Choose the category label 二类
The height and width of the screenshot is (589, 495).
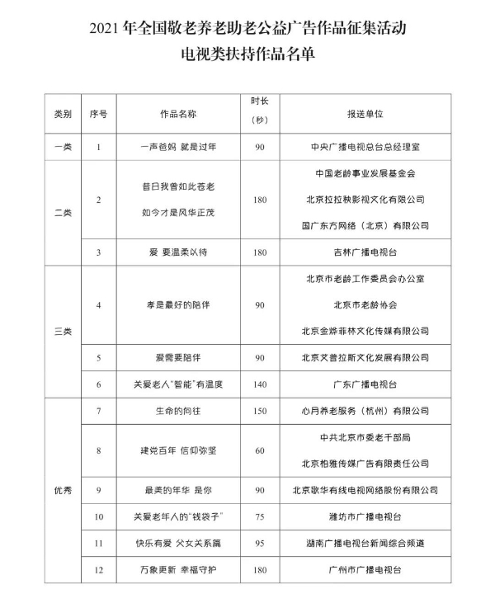[63, 212]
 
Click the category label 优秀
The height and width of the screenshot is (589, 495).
[63, 489]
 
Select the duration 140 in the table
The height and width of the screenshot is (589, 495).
[260, 384]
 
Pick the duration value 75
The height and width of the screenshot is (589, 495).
[260, 517]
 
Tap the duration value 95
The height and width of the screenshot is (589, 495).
[260, 544]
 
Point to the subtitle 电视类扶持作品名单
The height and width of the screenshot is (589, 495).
[247, 54]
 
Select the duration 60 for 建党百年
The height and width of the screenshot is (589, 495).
[260, 450]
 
